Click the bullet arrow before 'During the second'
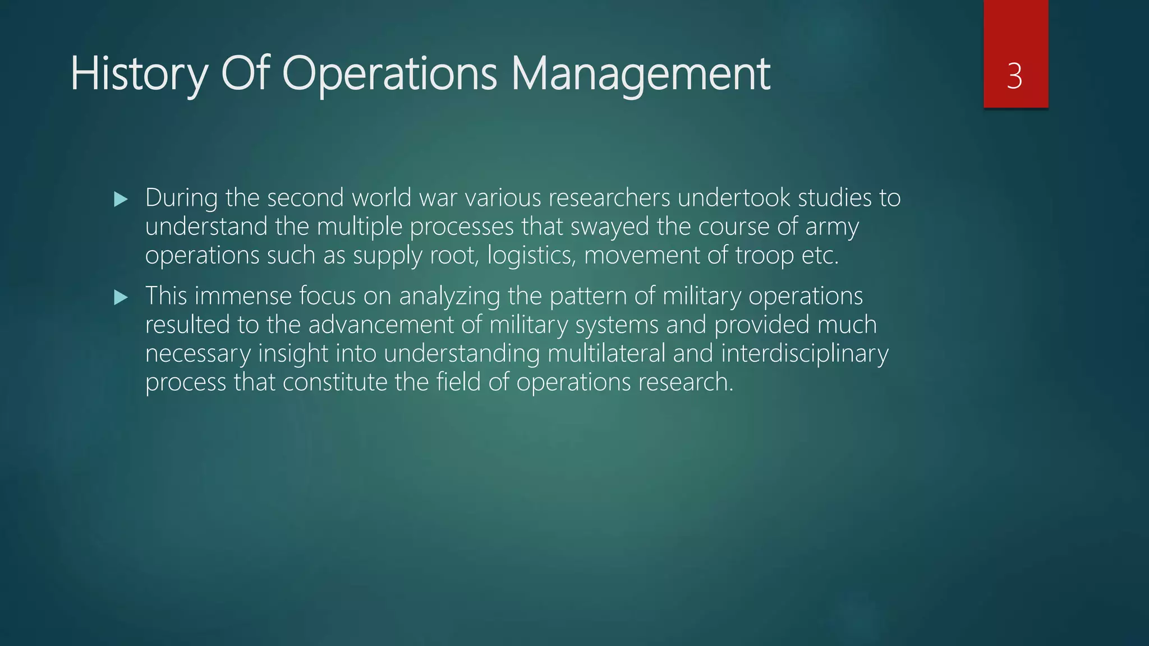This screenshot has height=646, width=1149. click(x=121, y=199)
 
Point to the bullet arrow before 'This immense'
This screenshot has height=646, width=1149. click(x=121, y=297)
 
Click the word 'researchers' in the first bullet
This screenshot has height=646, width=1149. click(x=609, y=198)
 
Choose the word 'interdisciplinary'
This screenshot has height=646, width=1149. click(x=805, y=354)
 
